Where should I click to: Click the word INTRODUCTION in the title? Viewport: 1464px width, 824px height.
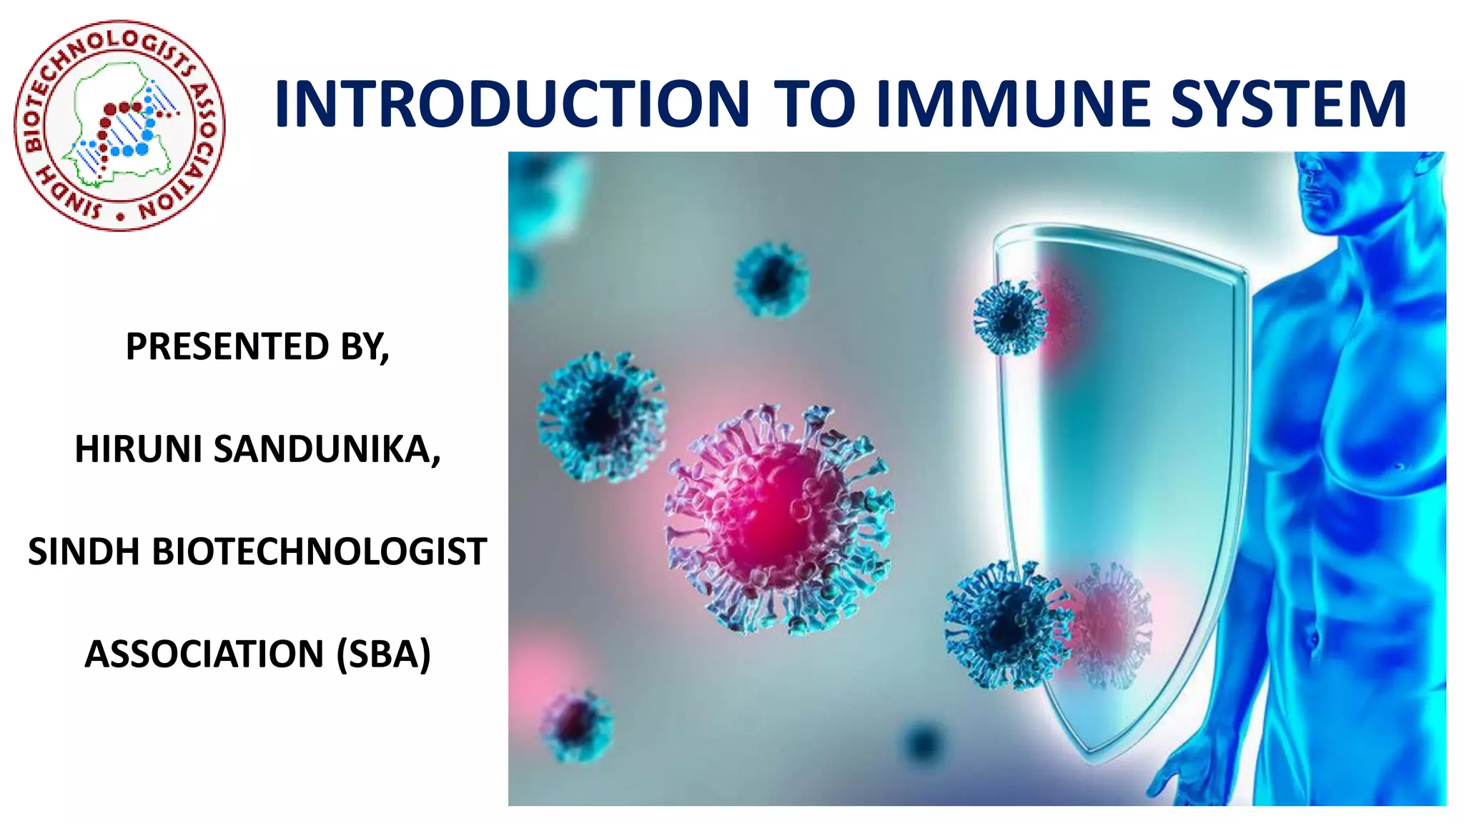click(x=512, y=104)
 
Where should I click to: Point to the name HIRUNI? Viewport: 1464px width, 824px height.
click(x=139, y=450)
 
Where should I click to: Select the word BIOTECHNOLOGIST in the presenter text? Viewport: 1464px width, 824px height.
click(x=319, y=552)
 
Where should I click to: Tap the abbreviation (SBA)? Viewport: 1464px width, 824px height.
click(x=384, y=654)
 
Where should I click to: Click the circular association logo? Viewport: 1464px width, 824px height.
click(x=119, y=126)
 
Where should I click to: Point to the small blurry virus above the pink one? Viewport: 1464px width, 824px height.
click(x=771, y=279)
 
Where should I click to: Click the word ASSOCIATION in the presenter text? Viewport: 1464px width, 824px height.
click(x=204, y=654)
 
